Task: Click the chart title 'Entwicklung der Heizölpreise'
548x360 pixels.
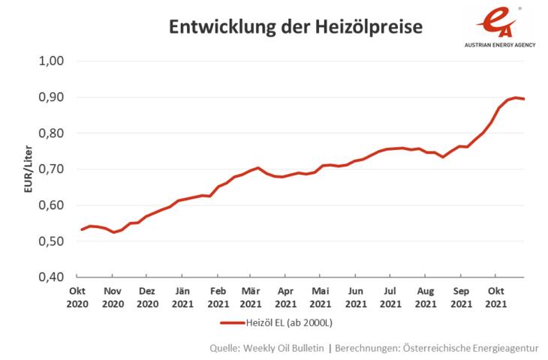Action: pos(296,27)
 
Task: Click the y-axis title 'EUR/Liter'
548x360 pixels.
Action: pos(29,169)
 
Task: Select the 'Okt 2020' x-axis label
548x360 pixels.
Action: pos(77,297)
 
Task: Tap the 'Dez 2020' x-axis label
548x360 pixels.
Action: pos(147,297)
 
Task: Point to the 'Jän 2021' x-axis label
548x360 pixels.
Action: pos(182,297)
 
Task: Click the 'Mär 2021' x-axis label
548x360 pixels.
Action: pos(251,297)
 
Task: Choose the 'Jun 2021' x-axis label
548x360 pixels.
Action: pos(356,297)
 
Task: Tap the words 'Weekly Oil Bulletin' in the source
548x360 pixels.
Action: pos(282,348)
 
